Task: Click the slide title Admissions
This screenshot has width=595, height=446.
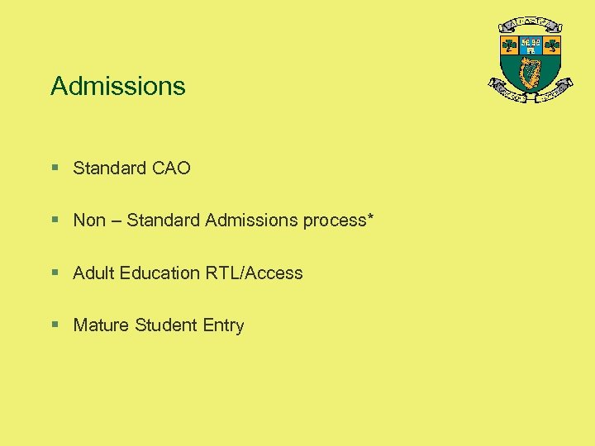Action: pyautogui.click(x=118, y=86)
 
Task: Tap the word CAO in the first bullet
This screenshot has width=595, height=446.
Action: pyautogui.click(x=172, y=168)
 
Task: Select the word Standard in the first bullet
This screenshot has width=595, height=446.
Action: pyautogui.click(x=108, y=168)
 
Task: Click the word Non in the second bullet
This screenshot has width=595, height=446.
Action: pyautogui.click(x=89, y=221)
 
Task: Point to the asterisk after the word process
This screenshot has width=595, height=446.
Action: pyautogui.click(x=370, y=218)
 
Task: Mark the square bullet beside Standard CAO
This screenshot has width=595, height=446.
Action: pyautogui.click(x=55, y=168)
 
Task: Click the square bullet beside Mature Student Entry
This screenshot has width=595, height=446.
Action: pyautogui.click(x=55, y=325)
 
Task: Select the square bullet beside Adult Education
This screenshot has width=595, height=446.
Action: pyautogui.click(x=55, y=273)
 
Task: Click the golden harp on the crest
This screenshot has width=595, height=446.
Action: pyautogui.click(x=531, y=72)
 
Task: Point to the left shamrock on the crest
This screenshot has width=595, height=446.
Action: pyautogui.click(x=510, y=45)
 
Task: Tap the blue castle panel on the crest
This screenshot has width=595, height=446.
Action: pyautogui.click(x=531, y=45)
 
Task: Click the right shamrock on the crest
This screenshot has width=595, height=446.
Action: pyautogui.click(x=551, y=45)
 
